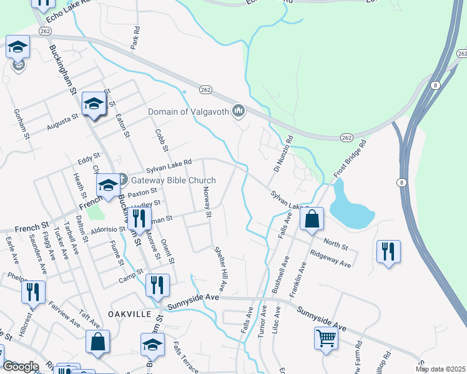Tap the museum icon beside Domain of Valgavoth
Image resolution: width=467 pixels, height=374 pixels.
tap(238, 112)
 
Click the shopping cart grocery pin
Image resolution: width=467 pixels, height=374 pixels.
tap(327, 339)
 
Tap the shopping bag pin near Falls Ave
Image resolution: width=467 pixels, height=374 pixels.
tap(312, 219)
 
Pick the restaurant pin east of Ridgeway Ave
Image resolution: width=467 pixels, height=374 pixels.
tap(388, 252)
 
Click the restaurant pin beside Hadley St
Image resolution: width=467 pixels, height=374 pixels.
tap(139, 219)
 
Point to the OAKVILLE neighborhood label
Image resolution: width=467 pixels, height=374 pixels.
tap(130, 314)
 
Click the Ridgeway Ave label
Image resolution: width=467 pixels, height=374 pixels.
tap(331, 259)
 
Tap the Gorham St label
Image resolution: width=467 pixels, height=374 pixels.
tap(21, 123)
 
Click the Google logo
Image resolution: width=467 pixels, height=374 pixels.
tap(21, 367)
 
